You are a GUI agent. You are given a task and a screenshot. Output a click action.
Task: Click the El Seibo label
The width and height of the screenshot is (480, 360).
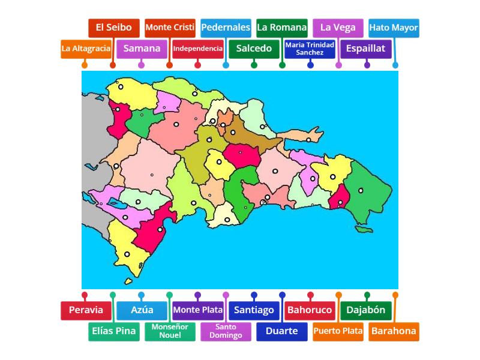(x=114, y=28)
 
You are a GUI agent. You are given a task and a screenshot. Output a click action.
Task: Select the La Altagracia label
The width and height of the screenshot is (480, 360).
(x=86, y=49)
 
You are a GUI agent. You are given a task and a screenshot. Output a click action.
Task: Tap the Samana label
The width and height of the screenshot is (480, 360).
(x=142, y=49)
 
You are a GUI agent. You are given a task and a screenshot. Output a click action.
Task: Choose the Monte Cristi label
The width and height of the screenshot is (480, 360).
(x=170, y=28)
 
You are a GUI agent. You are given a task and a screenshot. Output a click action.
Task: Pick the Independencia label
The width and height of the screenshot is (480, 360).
(x=198, y=49)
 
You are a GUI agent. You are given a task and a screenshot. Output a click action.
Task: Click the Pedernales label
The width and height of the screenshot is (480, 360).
(x=226, y=28)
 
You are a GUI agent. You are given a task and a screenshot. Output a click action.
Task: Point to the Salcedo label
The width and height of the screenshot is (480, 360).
(x=254, y=49)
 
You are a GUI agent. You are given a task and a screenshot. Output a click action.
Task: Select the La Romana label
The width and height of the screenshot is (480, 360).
(x=281, y=28)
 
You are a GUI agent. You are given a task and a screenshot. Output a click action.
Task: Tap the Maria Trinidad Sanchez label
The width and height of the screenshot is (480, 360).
(x=310, y=49)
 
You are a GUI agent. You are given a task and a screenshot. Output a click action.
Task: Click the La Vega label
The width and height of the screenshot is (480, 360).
(x=338, y=28)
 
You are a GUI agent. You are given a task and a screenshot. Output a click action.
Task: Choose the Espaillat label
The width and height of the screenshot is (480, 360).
(x=366, y=49)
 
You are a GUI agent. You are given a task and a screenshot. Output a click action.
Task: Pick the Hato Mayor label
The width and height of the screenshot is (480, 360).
(x=394, y=28)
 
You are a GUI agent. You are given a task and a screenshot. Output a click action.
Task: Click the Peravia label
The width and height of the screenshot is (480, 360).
(x=86, y=310)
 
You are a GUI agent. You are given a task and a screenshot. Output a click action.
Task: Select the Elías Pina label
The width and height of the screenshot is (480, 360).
(x=114, y=331)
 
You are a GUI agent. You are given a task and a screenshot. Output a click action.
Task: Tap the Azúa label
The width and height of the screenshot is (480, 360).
(x=142, y=310)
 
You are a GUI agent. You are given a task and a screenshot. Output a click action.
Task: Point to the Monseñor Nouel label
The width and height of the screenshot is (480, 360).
(x=170, y=331)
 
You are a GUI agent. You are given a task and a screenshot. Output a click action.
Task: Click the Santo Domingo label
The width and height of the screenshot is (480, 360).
(x=226, y=331)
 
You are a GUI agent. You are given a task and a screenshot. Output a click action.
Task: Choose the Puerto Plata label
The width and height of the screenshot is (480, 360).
(x=338, y=331)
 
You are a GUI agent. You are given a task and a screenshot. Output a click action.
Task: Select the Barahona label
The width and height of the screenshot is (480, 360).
(x=394, y=331)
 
